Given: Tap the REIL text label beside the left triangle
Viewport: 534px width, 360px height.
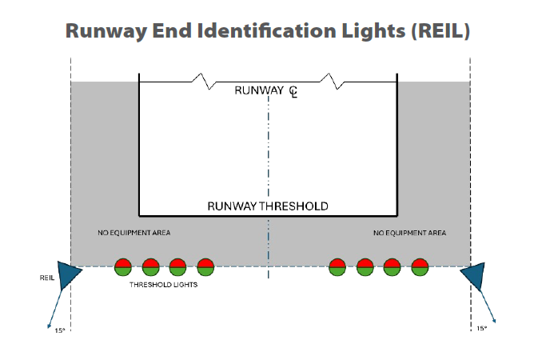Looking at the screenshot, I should coord(46,278).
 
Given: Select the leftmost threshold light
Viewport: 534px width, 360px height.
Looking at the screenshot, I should coord(122,267).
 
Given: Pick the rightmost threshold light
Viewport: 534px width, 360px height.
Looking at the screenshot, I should coord(420,267).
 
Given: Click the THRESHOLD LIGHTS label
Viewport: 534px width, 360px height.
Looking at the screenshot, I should coord(163,284).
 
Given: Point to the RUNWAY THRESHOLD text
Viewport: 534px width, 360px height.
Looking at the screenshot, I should coord(268,206).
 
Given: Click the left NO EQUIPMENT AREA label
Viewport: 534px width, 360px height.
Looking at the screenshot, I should coord(133,233).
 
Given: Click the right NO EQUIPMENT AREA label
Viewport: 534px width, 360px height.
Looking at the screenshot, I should coord(410,233).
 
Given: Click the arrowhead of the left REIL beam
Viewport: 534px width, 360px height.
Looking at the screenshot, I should coord(50,325).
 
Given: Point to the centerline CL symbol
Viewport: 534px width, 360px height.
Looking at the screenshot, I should coord(293,92).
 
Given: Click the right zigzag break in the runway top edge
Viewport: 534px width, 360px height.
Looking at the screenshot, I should coord(330,80).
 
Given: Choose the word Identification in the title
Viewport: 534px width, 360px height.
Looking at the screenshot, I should coord(268,32).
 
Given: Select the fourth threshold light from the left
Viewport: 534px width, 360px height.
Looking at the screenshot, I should coord(205,267).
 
